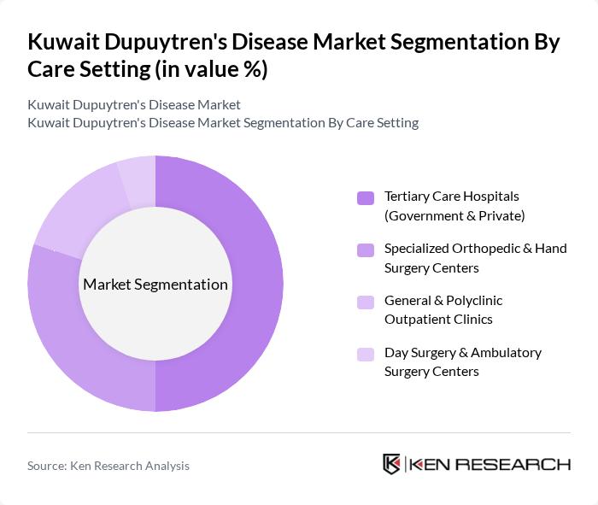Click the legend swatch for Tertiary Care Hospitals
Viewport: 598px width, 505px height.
click(x=366, y=198)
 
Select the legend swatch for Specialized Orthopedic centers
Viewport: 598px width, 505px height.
click(x=366, y=250)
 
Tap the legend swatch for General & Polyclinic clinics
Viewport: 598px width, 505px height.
click(x=366, y=302)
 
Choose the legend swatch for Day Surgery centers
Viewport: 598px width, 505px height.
click(x=366, y=354)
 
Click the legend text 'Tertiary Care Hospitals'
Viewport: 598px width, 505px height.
click(x=452, y=197)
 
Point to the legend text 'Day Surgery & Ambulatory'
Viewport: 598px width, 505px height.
click(x=463, y=353)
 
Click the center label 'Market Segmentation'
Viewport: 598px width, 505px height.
click(x=155, y=285)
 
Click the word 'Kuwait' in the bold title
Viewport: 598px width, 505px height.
click(x=64, y=43)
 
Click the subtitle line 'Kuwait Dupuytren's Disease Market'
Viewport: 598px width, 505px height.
click(x=134, y=105)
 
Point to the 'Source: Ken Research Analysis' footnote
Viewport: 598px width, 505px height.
click(x=108, y=466)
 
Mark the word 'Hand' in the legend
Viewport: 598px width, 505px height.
click(x=548, y=249)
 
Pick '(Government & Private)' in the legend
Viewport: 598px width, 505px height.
click(x=454, y=215)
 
